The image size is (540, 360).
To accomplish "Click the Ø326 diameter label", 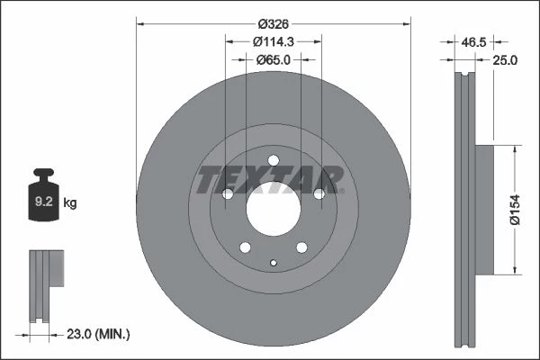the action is click(x=273, y=24).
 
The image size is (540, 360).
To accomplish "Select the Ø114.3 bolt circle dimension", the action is click(x=273, y=41).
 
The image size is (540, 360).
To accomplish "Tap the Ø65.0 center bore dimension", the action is click(x=274, y=60).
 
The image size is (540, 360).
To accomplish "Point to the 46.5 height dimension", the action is click(x=473, y=42).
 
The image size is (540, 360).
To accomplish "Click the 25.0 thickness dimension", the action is click(x=505, y=60).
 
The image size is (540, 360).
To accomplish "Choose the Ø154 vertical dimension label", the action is click(x=515, y=210).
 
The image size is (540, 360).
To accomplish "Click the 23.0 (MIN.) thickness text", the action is click(x=98, y=334).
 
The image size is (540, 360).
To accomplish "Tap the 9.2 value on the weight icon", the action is click(x=44, y=202).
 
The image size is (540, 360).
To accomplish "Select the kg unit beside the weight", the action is click(x=70, y=202).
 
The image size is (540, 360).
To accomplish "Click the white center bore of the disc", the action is click(x=274, y=209).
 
